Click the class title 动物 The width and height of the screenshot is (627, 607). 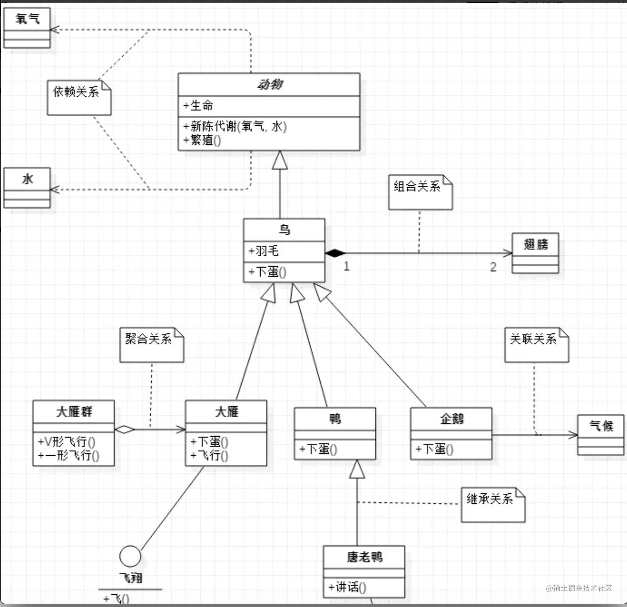coord(269,84)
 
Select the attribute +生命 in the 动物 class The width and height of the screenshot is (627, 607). coord(198,105)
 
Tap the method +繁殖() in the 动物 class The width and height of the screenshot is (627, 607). coord(202,140)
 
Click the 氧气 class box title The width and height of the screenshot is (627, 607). coord(27,19)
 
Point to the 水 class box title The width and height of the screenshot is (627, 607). coord(27,179)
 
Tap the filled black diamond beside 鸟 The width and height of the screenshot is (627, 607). coord(335,253)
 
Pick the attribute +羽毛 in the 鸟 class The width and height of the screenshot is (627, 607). coord(264,251)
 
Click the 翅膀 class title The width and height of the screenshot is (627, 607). coord(535,244)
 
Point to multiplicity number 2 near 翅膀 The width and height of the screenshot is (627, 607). coord(493,267)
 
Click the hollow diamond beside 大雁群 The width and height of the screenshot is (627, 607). coord(124,430)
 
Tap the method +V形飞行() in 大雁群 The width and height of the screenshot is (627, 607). coord(66,442)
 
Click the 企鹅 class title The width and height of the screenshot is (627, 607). coord(451,419)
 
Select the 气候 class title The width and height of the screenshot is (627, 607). coord(601,426)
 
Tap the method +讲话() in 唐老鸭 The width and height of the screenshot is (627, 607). coord(347,587)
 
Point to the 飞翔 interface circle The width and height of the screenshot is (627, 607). coord(130,556)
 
